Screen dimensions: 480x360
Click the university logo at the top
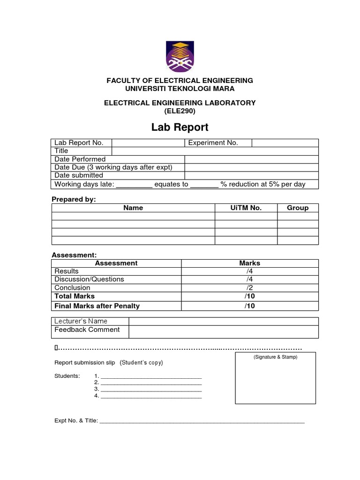click(x=180, y=56)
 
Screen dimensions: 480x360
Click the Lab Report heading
click(x=180, y=127)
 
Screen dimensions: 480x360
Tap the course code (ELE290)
click(x=180, y=111)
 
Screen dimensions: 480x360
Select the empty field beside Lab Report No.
click(x=148, y=143)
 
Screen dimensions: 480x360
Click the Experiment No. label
click(x=213, y=143)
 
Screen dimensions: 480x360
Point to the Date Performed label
click(x=80, y=159)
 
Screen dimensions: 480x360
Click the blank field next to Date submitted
click(x=251, y=175)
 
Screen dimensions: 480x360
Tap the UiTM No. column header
click(x=246, y=208)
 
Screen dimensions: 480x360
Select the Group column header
click(x=298, y=208)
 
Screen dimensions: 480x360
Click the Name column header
click(x=133, y=208)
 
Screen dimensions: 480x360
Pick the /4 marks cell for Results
click(x=249, y=271)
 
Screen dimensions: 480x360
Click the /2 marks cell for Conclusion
click(x=249, y=288)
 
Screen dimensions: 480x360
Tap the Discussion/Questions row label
click(x=90, y=279)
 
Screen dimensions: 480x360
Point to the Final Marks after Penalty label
click(x=97, y=306)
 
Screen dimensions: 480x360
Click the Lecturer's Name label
click(x=81, y=321)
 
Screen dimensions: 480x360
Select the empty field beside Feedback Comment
click(x=224, y=331)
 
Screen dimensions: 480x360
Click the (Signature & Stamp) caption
click(x=276, y=357)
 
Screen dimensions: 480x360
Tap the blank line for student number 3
click(x=151, y=389)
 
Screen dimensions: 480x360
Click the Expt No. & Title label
click(x=76, y=421)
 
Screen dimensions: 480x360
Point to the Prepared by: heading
click(x=74, y=199)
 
